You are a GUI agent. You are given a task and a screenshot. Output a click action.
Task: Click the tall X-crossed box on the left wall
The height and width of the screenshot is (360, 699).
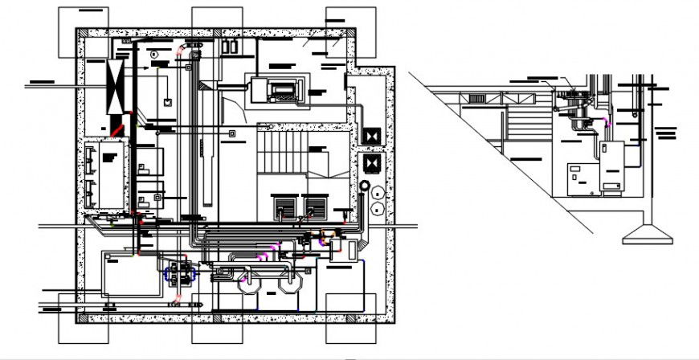tap(117, 86)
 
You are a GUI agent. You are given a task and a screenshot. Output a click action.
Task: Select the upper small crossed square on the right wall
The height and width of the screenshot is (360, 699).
tap(371, 137)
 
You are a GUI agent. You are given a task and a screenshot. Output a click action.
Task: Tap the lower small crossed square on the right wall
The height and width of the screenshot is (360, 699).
tap(371, 164)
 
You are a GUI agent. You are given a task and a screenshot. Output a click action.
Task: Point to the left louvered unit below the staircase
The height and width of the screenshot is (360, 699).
tap(285, 208)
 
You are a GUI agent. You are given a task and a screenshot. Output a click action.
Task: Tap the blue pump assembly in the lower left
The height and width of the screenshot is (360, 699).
tap(181, 273)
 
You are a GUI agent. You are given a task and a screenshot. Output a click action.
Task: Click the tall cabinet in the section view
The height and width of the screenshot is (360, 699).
tap(611, 166)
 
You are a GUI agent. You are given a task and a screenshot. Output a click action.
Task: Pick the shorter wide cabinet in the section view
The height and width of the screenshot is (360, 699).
tap(582, 178)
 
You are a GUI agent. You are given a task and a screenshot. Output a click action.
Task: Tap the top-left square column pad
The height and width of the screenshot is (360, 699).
tap(84, 32)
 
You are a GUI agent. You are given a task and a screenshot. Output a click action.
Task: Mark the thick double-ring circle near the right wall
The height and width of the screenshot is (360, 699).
tap(366, 190)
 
